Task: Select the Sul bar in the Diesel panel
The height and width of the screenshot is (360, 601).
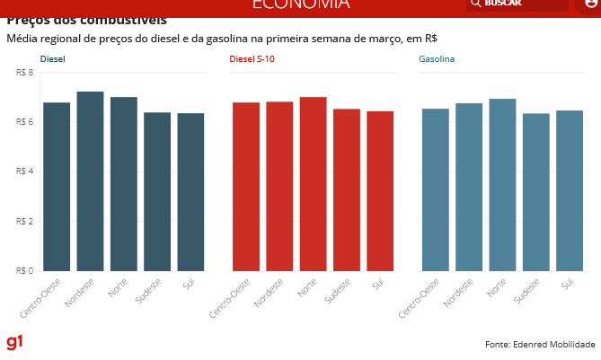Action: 190,192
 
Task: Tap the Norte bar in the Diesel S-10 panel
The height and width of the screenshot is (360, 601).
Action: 313,184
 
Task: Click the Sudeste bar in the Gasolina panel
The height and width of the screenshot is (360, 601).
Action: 535,192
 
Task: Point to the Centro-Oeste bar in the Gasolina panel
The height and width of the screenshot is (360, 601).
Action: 435,189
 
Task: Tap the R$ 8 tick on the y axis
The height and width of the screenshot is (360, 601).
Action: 25,72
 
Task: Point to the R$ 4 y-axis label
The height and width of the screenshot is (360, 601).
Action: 25,171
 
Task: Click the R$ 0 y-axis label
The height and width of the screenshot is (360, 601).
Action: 25,270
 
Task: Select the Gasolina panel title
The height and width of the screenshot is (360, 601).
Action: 437,58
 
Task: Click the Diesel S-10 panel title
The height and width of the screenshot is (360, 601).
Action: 246,58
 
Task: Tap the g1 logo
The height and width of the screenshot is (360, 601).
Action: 14,342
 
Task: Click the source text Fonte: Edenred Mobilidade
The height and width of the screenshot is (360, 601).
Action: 540,344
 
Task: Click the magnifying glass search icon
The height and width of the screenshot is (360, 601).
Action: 475,4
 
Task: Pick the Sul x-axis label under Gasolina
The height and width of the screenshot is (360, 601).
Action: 567,285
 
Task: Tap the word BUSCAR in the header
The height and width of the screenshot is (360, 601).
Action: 503,4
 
